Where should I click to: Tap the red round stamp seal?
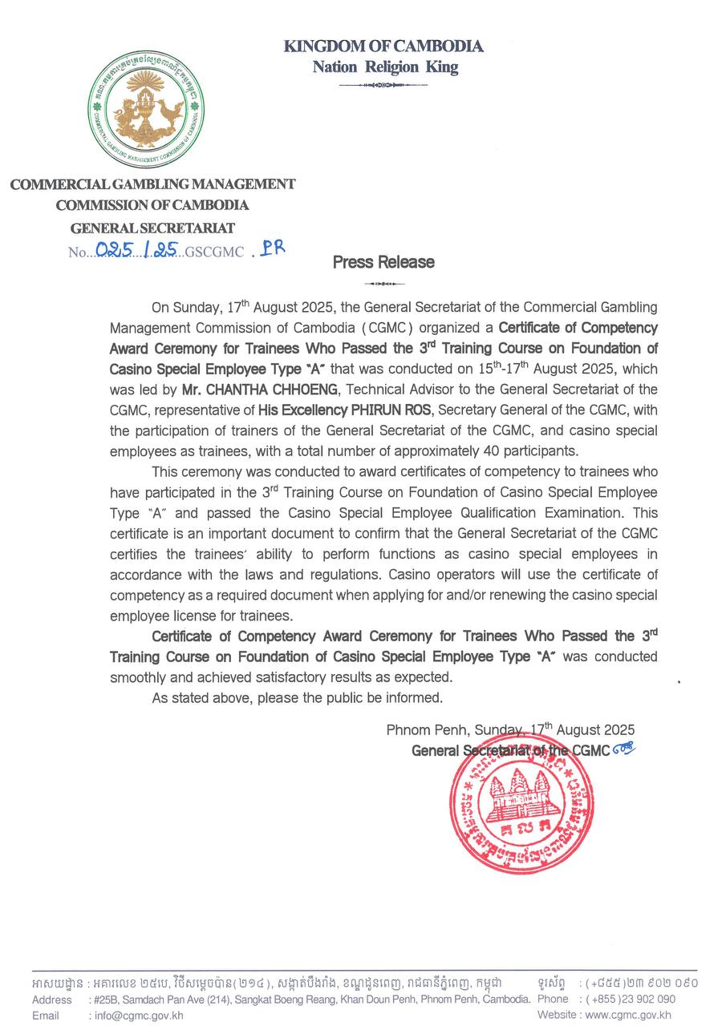[521, 804]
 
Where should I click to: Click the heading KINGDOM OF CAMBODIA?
[383, 46]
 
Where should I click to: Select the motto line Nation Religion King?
[385, 67]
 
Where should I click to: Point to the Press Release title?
[383, 262]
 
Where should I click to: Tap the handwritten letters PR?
[270, 248]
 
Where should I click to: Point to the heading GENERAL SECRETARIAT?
[152, 228]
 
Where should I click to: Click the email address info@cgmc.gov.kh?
[139, 1015]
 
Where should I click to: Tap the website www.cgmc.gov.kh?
[628, 1015]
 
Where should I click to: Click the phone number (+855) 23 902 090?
[631, 1000]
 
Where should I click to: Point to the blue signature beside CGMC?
[623, 749]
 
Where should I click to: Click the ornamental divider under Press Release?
[383, 284]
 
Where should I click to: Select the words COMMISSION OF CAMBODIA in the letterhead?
[152, 206]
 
